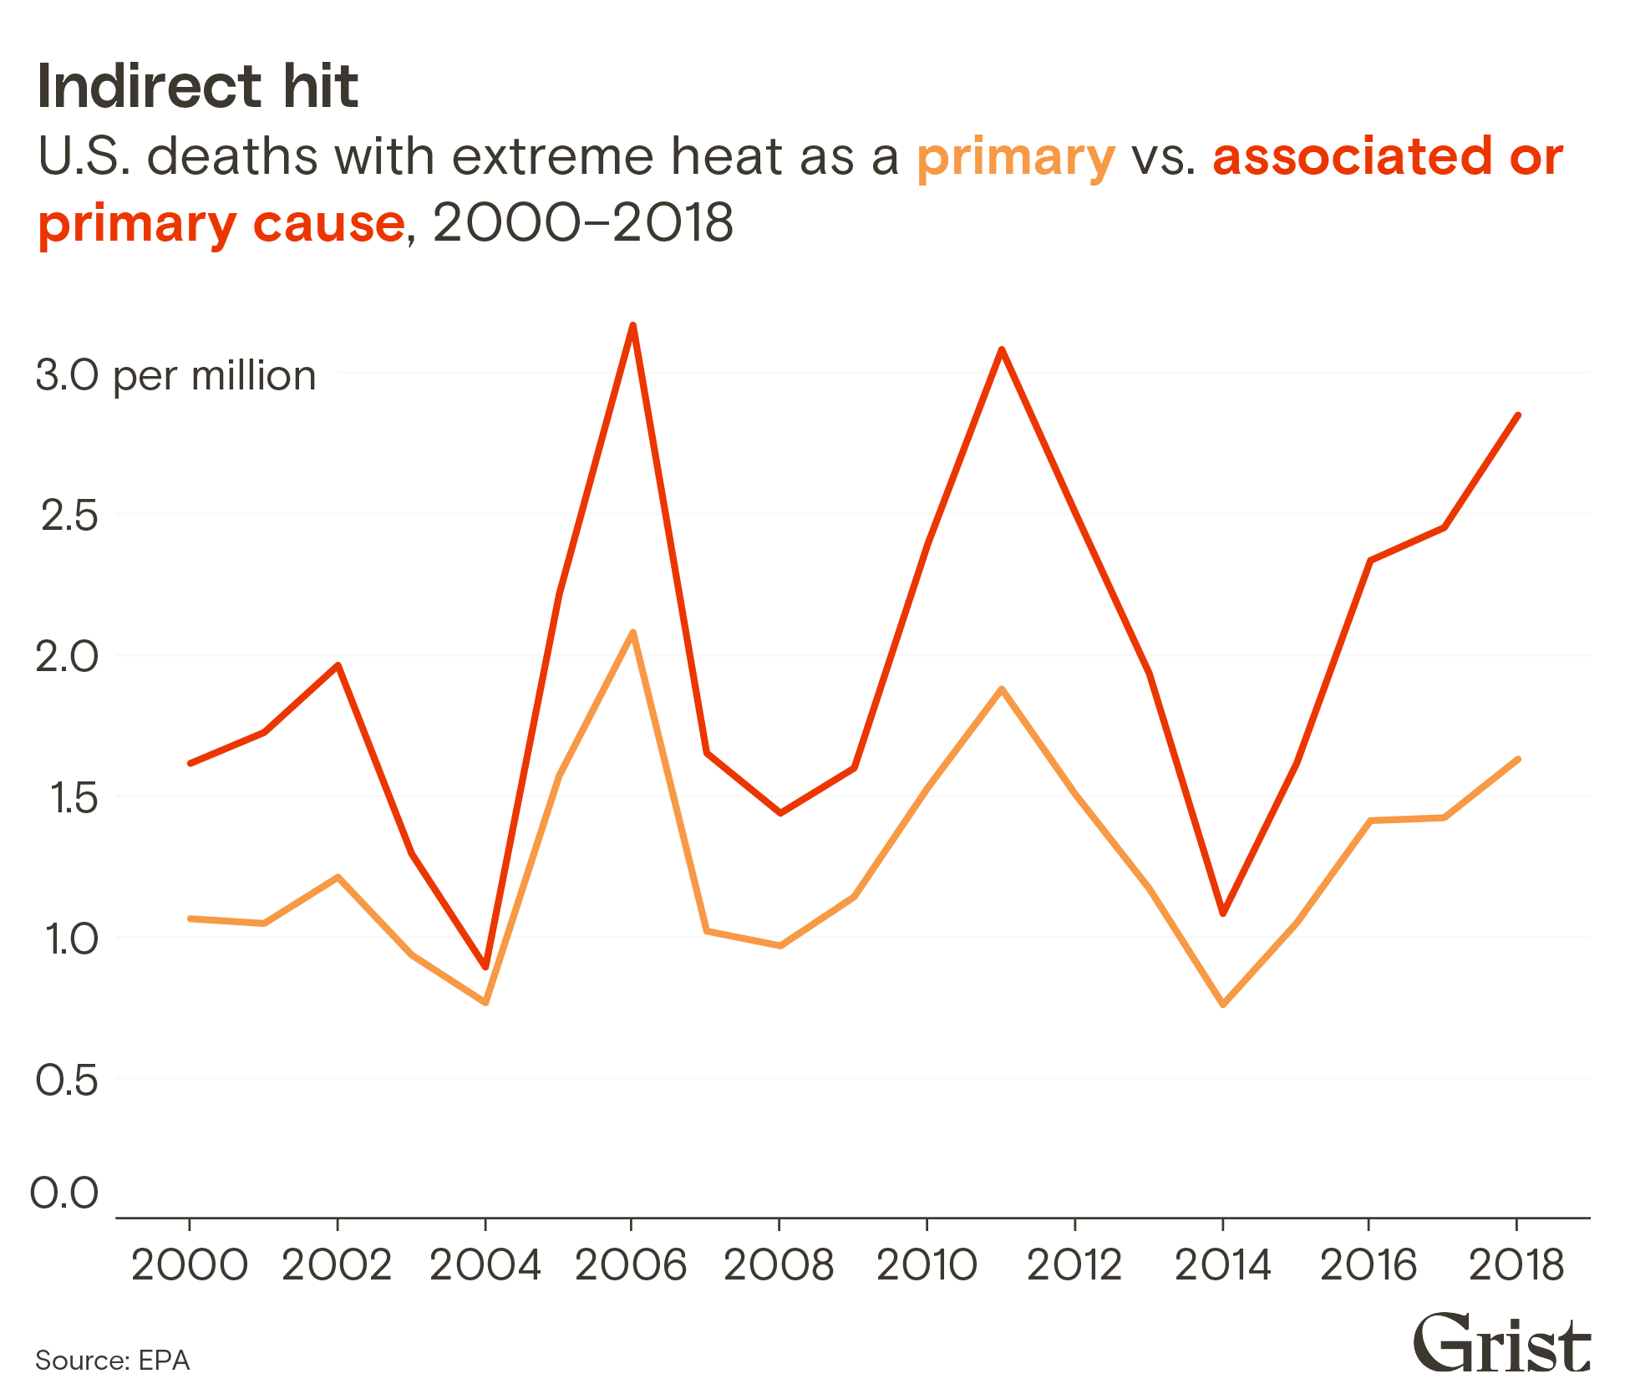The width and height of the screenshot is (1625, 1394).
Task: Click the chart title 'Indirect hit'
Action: [198, 87]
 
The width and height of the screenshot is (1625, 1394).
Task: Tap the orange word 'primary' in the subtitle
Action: [1015, 157]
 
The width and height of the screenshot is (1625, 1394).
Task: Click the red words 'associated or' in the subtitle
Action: [1387, 156]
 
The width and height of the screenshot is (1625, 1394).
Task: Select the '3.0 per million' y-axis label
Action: [176, 376]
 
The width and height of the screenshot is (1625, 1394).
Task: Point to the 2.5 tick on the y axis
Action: [69, 516]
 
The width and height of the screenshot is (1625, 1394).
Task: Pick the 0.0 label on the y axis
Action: [64, 1193]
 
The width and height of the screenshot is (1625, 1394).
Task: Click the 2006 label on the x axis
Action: [631, 1264]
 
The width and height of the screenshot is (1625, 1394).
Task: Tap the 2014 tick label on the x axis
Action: [1222, 1264]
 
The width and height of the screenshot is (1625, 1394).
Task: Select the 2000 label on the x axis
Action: [190, 1264]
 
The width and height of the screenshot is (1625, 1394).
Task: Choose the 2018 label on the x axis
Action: [1516, 1264]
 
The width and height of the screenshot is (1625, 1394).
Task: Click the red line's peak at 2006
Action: [632, 326]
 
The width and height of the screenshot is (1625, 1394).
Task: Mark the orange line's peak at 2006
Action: [632, 633]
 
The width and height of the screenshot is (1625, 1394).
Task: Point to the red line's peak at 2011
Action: [1001, 349]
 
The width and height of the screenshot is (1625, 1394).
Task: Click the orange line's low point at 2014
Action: [1223, 1004]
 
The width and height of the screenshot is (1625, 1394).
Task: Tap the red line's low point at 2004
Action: [485, 967]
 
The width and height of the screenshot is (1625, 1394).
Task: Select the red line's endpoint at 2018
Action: [1517, 415]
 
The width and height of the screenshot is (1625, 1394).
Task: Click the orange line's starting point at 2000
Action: [190, 918]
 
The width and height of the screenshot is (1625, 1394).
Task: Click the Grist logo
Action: [1501, 1343]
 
